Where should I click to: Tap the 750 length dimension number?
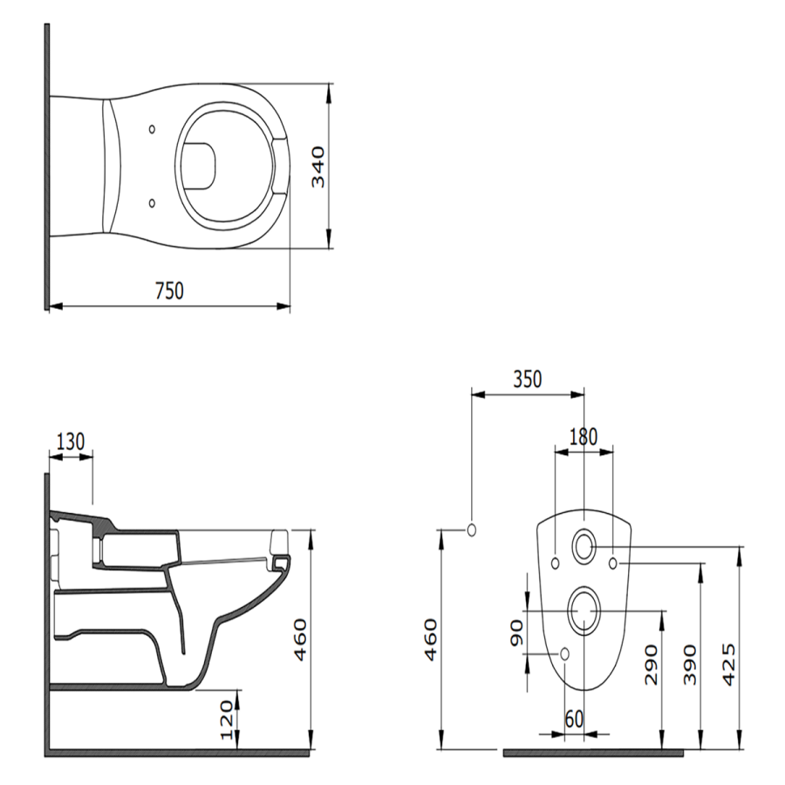tap(169, 290)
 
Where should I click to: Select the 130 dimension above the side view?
tap(71, 442)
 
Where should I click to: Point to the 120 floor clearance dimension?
tap(228, 720)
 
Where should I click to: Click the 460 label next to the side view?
tap(299, 639)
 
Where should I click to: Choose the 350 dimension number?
tap(527, 379)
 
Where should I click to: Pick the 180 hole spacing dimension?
tap(584, 436)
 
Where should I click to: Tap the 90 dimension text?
tap(515, 632)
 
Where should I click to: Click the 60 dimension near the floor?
tap(573, 719)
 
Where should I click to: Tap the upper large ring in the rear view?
tap(584, 546)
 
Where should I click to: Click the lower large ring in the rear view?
tap(584, 610)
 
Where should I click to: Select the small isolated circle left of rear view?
tap(472, 529)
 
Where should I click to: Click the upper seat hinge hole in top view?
tap(154, 130)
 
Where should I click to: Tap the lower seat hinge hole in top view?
tap(154, 203)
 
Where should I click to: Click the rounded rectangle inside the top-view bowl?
tap(202, 166)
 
